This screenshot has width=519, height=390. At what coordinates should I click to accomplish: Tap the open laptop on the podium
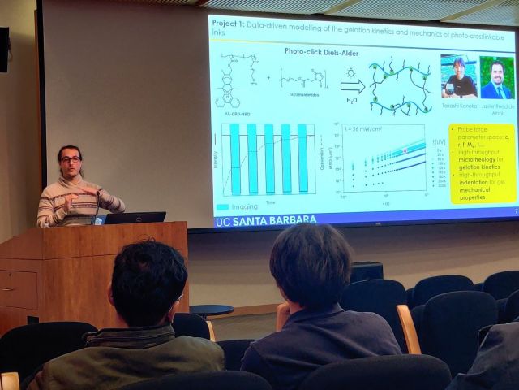pyautogui.click(x=135, y=218)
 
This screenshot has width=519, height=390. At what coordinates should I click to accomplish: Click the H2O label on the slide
pyautogui.click(x=351, y=102)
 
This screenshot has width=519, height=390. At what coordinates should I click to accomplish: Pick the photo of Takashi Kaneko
pyautogui.click(x=458, y=76)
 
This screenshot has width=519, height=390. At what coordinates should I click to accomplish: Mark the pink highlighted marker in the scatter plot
pyautogui.click(x=405, y=151)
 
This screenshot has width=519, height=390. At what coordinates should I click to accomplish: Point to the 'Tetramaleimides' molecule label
pyautogui.click(x=305, y=104)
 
